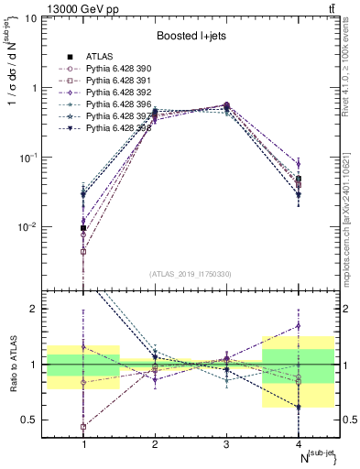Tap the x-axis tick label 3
tap(226, 444)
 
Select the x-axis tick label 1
tap(84, 444)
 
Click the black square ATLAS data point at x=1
tap(83, 228)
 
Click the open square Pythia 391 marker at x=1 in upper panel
tap(83, 251)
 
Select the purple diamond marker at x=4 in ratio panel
tap(298, 325)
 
